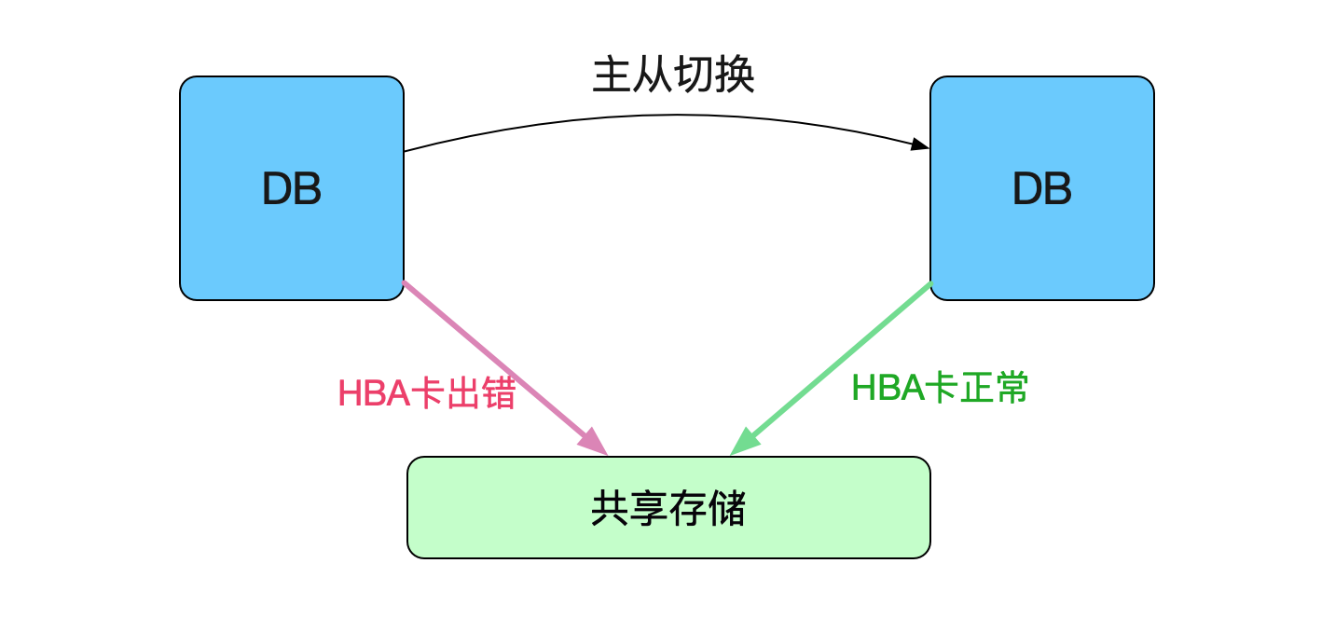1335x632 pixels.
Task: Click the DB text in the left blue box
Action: click(x=292, y=189)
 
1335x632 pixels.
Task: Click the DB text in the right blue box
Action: click(x=1042, y=189)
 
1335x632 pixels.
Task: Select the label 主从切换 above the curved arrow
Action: click(x=673, y=76)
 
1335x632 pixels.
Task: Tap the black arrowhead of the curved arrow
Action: click(x=919, y=144)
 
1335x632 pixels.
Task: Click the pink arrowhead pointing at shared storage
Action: click(x=593, y=442)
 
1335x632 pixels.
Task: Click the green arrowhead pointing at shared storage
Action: click(x=745, y=442)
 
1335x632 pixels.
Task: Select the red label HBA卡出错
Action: click(x=427, y=393)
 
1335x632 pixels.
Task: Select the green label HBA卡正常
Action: click(x=940, y=387)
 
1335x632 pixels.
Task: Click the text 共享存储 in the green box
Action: click(x=668, y=508)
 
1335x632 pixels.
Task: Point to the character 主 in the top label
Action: click(x=612, y=76)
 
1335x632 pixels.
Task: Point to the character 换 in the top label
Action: click(x=735, y=76)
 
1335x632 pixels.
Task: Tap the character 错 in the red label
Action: click(x=498, y=393)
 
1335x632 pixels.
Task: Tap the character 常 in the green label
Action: click(x=1012, y=387)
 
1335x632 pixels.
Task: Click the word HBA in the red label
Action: click(x=375, y=393)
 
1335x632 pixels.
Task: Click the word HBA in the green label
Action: click(x=888, y=388)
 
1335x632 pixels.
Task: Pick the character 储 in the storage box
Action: click(x=726, y=508)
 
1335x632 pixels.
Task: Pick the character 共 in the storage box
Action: click(x=611, y=508)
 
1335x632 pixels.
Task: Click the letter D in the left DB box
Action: click(x=277, y=189)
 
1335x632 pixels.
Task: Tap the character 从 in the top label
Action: click(x=654, y=76)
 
